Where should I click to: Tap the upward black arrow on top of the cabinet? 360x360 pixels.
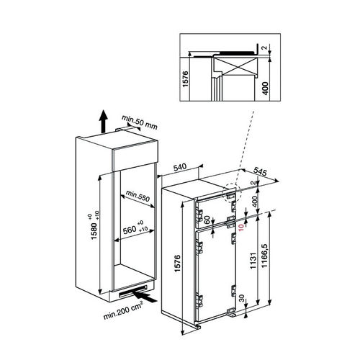pyautogui.click(x=102, y=120)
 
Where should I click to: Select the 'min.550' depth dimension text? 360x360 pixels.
pyautogui.click(x=137, y=194)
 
